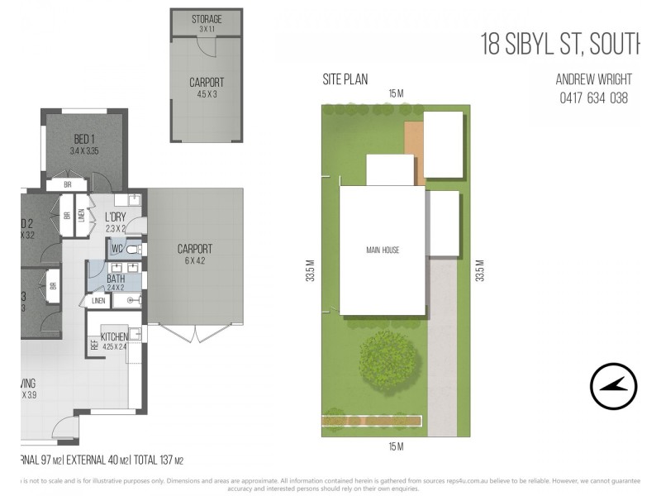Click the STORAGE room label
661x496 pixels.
(x=207, y=19)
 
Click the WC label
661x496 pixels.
(x=117, y=247)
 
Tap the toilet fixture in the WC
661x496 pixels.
(x=136, y=248)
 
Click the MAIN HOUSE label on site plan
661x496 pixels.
(x=383, y=250)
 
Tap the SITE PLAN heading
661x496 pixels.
(x=345, y=80)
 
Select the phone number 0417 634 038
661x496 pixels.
(x=594, y=98)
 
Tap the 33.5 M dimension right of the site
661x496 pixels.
(x=479, y=272)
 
